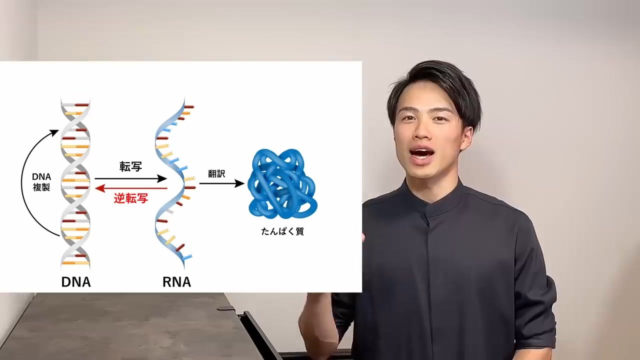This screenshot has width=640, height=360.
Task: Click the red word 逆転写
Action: click(x=131, y=198)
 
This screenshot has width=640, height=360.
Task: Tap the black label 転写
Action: click(x=131, y=166)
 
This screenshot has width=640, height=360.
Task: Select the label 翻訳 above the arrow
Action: click(x=216, y=173)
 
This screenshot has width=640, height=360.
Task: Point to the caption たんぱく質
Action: click(x=282, y=231)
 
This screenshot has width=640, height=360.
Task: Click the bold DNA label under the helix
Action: click(x=76, y=282)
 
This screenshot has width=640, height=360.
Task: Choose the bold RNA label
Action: click(x=176, y=282)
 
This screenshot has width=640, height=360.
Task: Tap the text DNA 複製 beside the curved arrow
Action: click(x=41, y=182)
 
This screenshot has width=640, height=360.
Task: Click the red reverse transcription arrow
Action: click(x=131, y=188)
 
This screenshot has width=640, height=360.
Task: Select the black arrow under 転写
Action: click(x=131, y=178)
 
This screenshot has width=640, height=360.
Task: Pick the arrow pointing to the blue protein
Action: click(x=221, y=183)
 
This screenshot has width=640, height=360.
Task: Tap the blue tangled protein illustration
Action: click(x=282, y=183)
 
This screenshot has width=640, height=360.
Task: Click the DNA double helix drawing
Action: click(x=75, y=182)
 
